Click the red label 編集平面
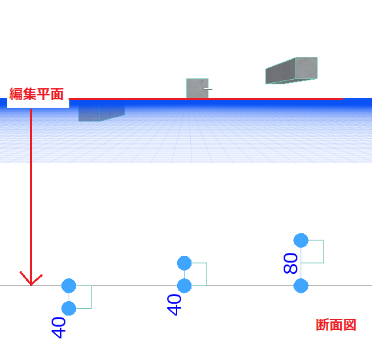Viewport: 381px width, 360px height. [37, 94]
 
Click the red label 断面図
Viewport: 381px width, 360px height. [336, 325]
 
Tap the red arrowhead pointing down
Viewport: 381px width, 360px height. [31, 279]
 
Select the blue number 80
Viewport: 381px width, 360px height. [290, 263]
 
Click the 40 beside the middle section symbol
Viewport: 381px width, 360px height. [174, 305]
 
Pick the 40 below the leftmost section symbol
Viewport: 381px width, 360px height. [59, 327]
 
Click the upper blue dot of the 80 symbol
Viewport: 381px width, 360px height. [301, 240]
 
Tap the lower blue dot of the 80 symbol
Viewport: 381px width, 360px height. [301, 286]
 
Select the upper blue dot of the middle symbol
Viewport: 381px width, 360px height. [184, 263]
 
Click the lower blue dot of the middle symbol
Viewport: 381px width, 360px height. [184, 286]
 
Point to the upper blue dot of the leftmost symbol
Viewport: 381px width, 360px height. [69, 286]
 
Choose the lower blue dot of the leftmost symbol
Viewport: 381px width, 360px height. [69, 308]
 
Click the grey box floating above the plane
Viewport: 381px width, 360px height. [291, 71]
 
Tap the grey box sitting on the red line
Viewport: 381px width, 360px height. [197, 88]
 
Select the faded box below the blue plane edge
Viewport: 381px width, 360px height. [101, 113]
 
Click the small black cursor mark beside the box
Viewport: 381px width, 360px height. [208, 89]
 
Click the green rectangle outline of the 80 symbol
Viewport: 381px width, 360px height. [323, 252]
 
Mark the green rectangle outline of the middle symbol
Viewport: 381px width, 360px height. [207, 274]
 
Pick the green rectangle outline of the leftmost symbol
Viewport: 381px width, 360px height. [91, 297]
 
